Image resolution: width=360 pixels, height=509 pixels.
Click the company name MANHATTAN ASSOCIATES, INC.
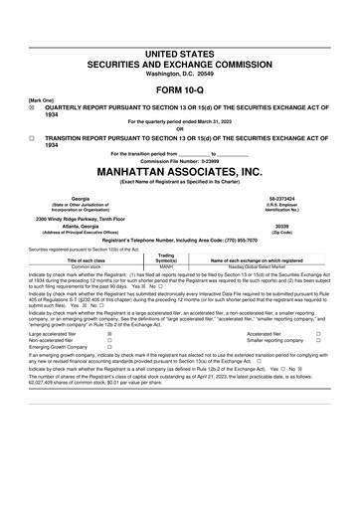point(179,170)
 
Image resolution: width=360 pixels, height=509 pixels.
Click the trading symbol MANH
point(166,266)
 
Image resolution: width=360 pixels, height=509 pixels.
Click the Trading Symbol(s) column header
point(166,257)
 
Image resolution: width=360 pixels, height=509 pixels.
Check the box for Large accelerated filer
point(108,335)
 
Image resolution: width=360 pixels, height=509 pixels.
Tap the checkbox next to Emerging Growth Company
point(108,349)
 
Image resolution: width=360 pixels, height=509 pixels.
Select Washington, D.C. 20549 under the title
point(179,71)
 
